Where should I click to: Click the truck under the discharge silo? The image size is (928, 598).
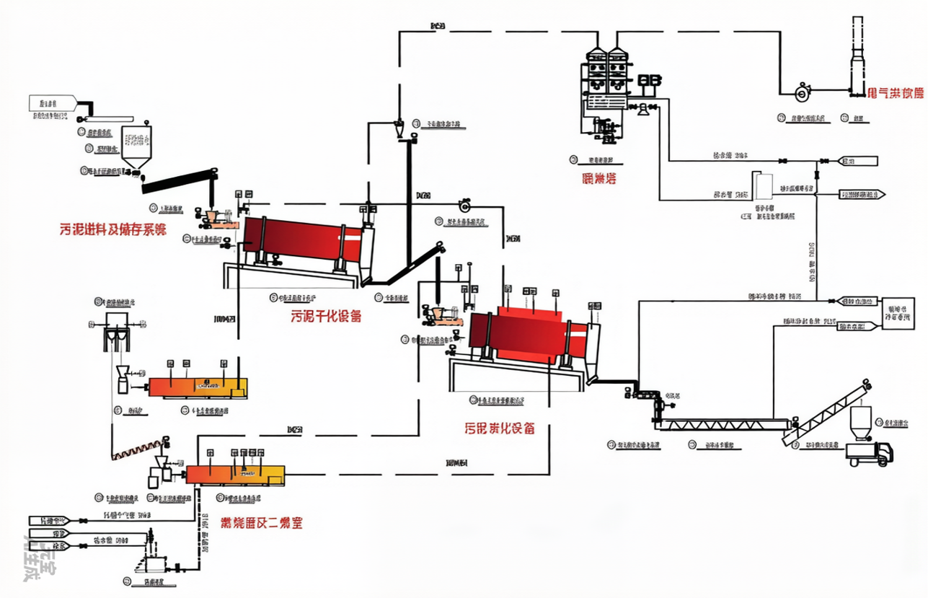(870, 454)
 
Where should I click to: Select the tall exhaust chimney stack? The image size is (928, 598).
(857, 58)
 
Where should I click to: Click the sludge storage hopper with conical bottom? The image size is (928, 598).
(136, 148)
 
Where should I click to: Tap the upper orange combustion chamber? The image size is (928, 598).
(198, 387)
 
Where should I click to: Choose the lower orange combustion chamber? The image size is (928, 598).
(235, 474)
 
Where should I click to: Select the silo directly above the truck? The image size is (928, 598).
(860, 423)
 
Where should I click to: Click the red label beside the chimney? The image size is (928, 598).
(896, 93)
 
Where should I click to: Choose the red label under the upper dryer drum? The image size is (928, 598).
(326, 316)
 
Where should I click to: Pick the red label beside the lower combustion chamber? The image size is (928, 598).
(261, 522)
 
